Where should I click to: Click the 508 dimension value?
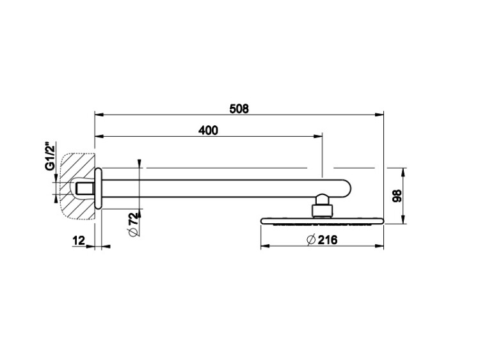239,109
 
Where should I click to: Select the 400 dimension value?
208,130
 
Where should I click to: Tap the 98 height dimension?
397,196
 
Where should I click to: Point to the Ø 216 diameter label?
322,240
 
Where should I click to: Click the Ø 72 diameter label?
134,224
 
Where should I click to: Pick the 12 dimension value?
79,240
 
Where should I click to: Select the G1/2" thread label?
50,155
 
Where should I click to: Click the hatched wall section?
77,186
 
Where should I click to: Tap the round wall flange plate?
98,188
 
